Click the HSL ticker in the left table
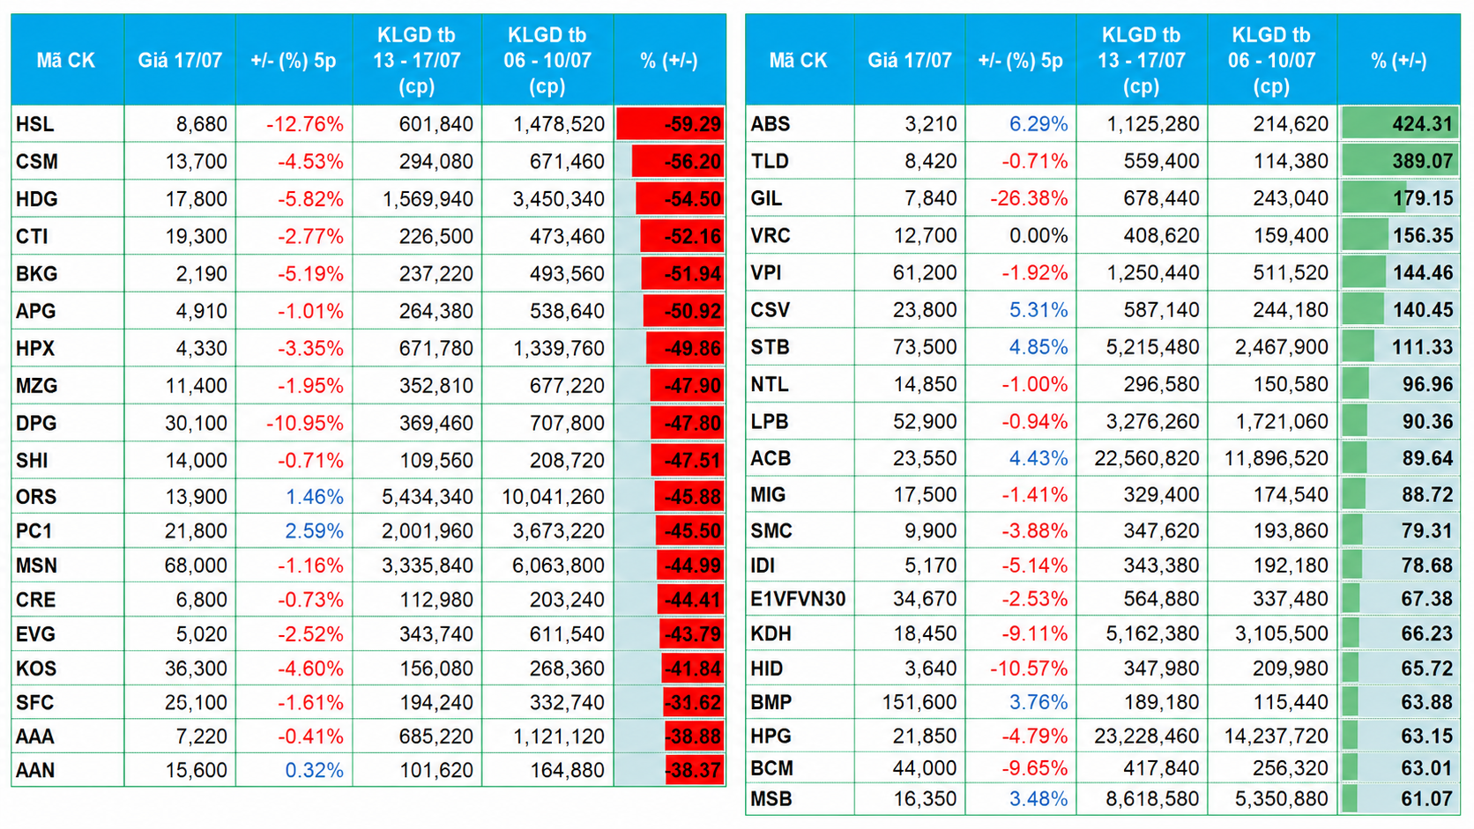point(35,123)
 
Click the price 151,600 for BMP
point(919,702)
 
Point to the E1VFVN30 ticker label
point(798,599)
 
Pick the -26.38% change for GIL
point(1029,198)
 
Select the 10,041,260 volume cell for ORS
point(553,496)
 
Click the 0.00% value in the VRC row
point(1038,235)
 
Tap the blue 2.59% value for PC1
point(314,530)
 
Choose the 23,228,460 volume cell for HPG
point(1146,736)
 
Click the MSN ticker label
point(37,566)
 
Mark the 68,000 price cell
point(196,566)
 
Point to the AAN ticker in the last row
point(35,770)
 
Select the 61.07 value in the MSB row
point(1426,799)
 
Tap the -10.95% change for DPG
point(304,423)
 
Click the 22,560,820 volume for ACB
point(1146,458)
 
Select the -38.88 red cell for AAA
point(693,736)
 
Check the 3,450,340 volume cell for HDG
point(559,198)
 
